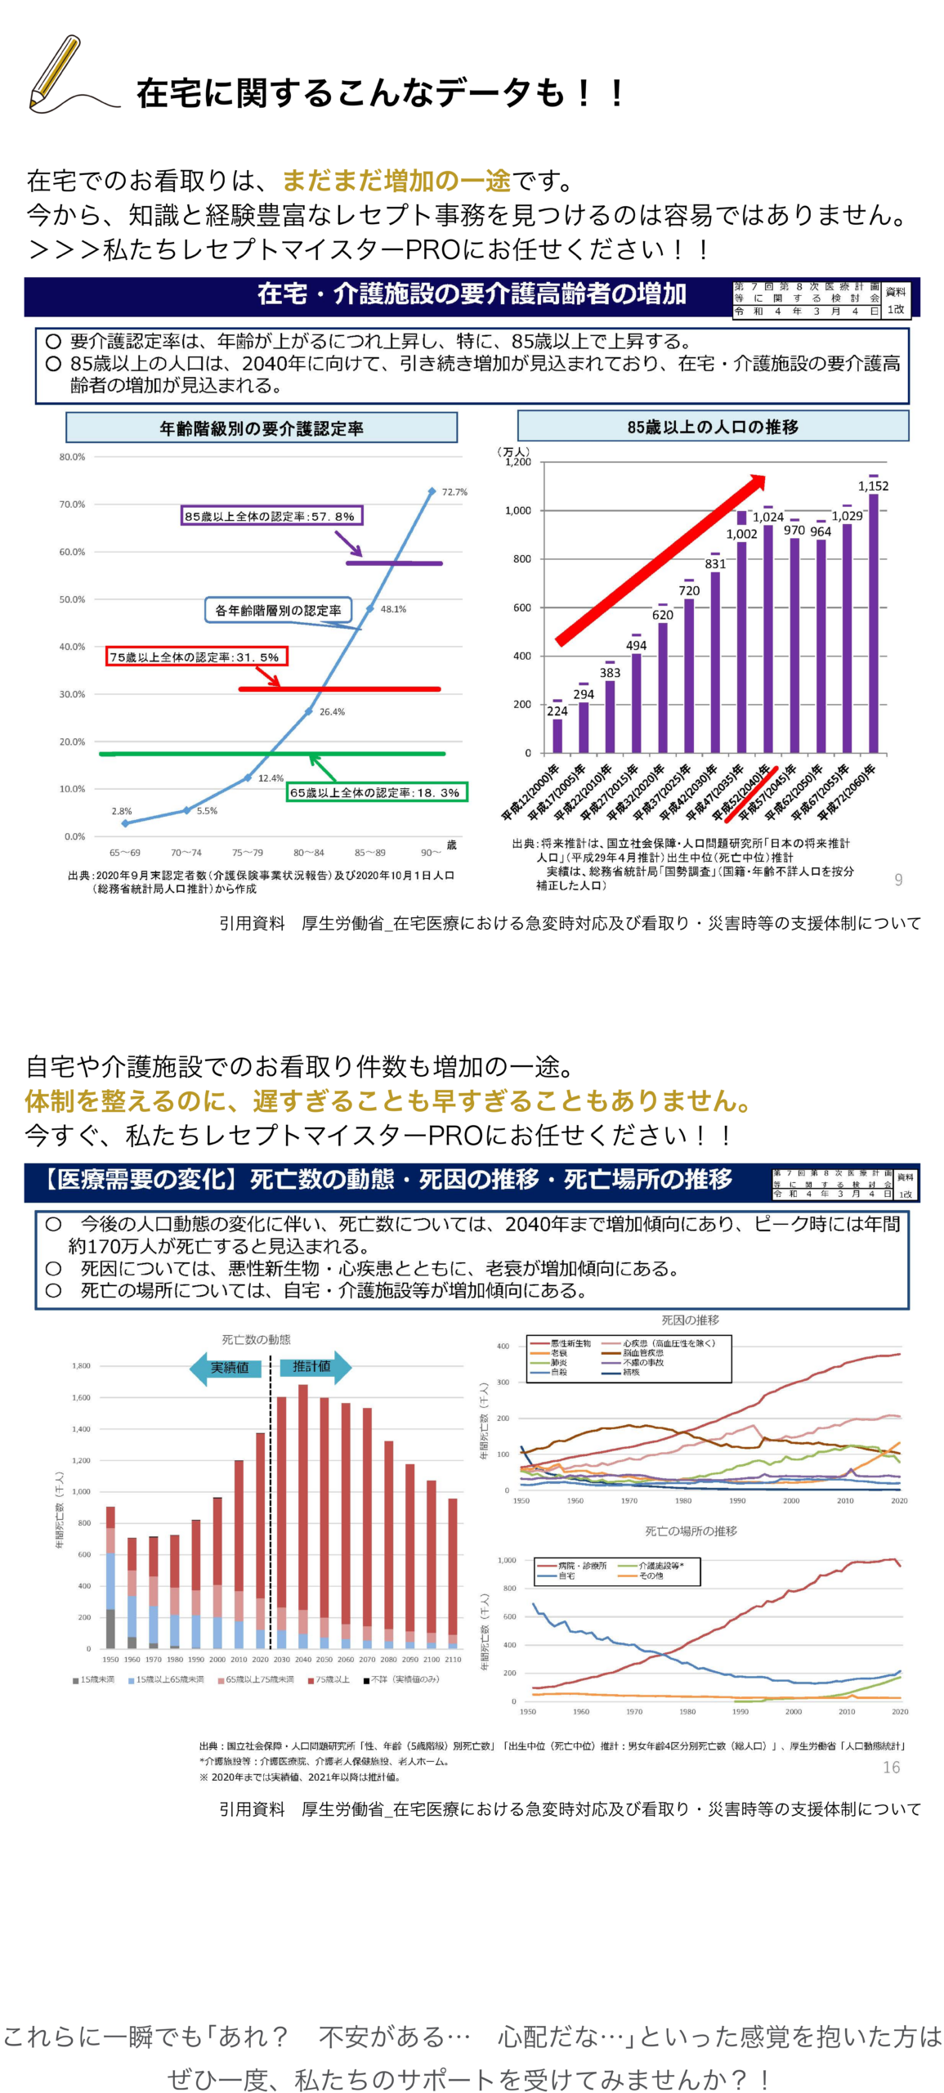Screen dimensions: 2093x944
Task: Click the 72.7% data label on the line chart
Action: click(x=454, y=492)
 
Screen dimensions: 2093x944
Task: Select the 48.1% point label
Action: click(x=393, y=609)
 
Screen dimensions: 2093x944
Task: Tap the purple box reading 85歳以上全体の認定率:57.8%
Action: click(x=272, y=516)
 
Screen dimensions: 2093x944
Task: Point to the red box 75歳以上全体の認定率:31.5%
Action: click(x=196, y=657)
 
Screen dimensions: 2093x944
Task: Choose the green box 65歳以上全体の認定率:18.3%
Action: click(x=377, y=792)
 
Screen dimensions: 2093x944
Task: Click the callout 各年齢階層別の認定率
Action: click(x=278, y=610)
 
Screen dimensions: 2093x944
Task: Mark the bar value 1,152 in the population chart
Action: click(x=873, y=486)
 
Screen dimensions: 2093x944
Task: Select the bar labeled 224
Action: click(x=557, y=733)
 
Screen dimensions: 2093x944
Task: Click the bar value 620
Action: click(x=663, y=615)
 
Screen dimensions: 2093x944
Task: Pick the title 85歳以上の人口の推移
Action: click(x=713, y=427)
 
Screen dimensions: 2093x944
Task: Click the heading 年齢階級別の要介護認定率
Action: click(x=262, y=428)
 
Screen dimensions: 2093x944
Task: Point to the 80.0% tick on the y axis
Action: click(x=72, y=457)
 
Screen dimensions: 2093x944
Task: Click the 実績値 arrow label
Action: click(x=230, y=1368)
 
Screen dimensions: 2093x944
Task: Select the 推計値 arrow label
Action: click(x=312, y=1366)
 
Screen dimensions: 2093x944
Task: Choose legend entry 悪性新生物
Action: click(x=570, y=1343)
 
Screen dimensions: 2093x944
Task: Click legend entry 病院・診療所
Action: click(x=582, y=1565)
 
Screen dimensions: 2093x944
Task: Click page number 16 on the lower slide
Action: click(x=891, y=1768)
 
